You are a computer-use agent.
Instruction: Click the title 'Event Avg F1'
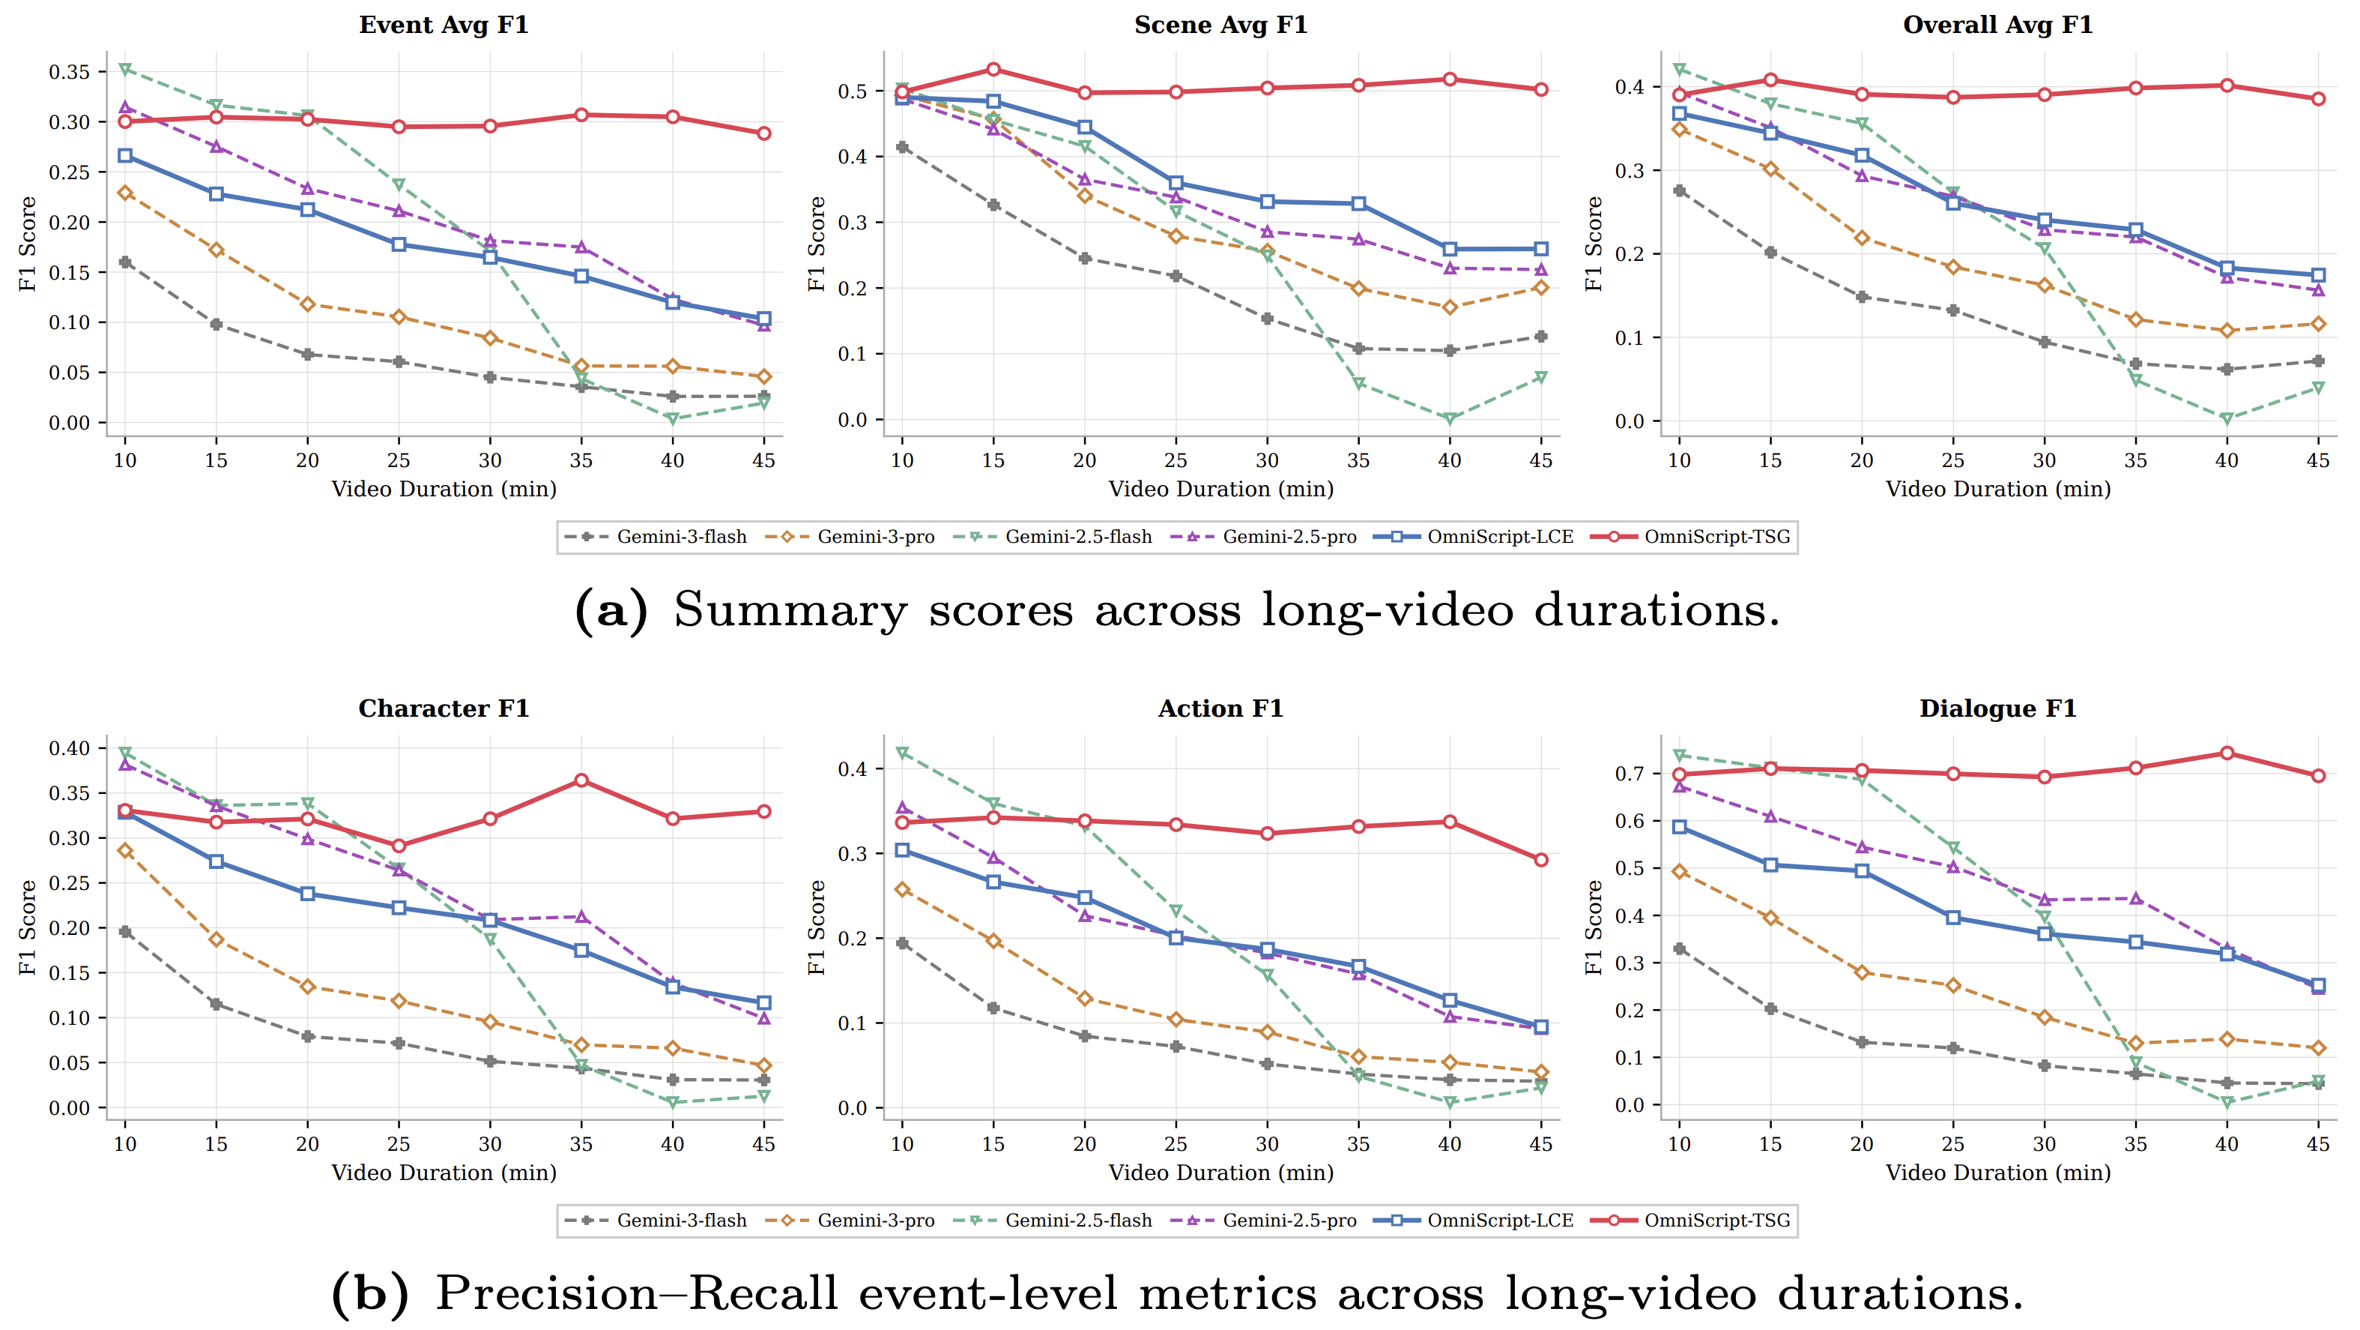click(x=444, y=25)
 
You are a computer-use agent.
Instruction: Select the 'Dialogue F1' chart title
click(x=1997, y=708)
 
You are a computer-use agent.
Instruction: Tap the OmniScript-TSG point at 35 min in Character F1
click(x=581, y=781)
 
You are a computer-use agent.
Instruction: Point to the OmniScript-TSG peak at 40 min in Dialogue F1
click(x=2226, y=753)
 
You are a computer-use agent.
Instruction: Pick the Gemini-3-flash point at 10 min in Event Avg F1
click(x=126, y=262)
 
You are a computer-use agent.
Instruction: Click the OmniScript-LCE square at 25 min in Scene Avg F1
click(x=1176, y=184)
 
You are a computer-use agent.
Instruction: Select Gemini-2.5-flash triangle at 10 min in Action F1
click(x=902, y=753)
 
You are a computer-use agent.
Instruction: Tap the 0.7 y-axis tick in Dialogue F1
click(x=1629, y=774)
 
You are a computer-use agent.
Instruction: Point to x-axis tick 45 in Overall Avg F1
click(x=2318, y=460)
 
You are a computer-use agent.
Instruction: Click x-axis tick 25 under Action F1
click(x=1176, y=1144)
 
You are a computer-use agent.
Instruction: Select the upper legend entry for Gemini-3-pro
click(x=875, y=537)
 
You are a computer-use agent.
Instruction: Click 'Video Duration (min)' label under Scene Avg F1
click(x=1220, y=490)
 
